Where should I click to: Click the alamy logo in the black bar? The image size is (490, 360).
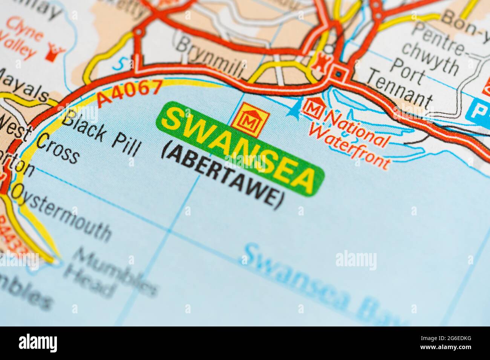click(x=38, y=343)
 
